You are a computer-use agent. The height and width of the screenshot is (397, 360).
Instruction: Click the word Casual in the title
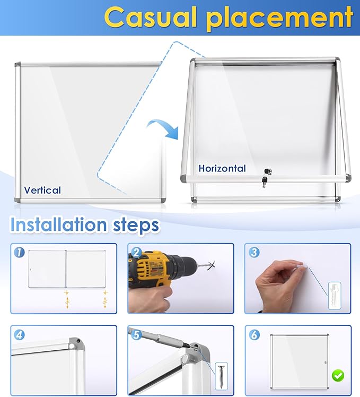pyautogui.click(x=151, y=17)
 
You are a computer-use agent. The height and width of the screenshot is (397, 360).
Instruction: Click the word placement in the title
pyautogui.click(x=279, y=19)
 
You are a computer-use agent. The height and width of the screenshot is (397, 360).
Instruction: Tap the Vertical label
pyautogui.click(x=42, y=190)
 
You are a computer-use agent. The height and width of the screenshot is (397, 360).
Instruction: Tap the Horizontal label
pyautogui.click(x=222, y=168)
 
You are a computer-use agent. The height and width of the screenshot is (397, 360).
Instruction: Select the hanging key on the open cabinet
pyautogui.click(x=265, y=182)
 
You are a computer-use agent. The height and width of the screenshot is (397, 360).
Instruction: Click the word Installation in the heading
pyautogui.click(x=58, y=225)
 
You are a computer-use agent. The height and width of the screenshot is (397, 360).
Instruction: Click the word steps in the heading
pyautogui.click(x=136, y=226)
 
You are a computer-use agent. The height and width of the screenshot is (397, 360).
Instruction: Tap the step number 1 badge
pyautogui.click(x=19, y=253)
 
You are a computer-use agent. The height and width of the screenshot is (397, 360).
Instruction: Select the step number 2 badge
pyautogui.click(x=137, y=253)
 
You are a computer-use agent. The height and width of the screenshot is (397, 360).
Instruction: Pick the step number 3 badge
pyautogui.click(x=254, y=253)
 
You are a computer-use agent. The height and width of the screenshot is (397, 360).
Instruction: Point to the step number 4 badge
pyautogui.click(x=19, y=335)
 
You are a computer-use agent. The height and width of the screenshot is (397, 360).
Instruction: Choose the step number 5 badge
pyautogui.click(x=137, y=335)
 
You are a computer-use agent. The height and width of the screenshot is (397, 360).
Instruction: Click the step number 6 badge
pyautogui.click(x=254, y=335)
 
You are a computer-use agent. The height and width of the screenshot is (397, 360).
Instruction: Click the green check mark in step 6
pyautogui.click(x=338, y=375)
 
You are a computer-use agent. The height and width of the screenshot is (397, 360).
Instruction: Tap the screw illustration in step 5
pyautogui.click(x=222, y=376)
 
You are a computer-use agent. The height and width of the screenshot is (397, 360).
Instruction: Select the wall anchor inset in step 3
pyautogui.click(x=335, y=296)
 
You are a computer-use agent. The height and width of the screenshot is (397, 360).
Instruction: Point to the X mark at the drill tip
pyautogui.click(x=212, y=265)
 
